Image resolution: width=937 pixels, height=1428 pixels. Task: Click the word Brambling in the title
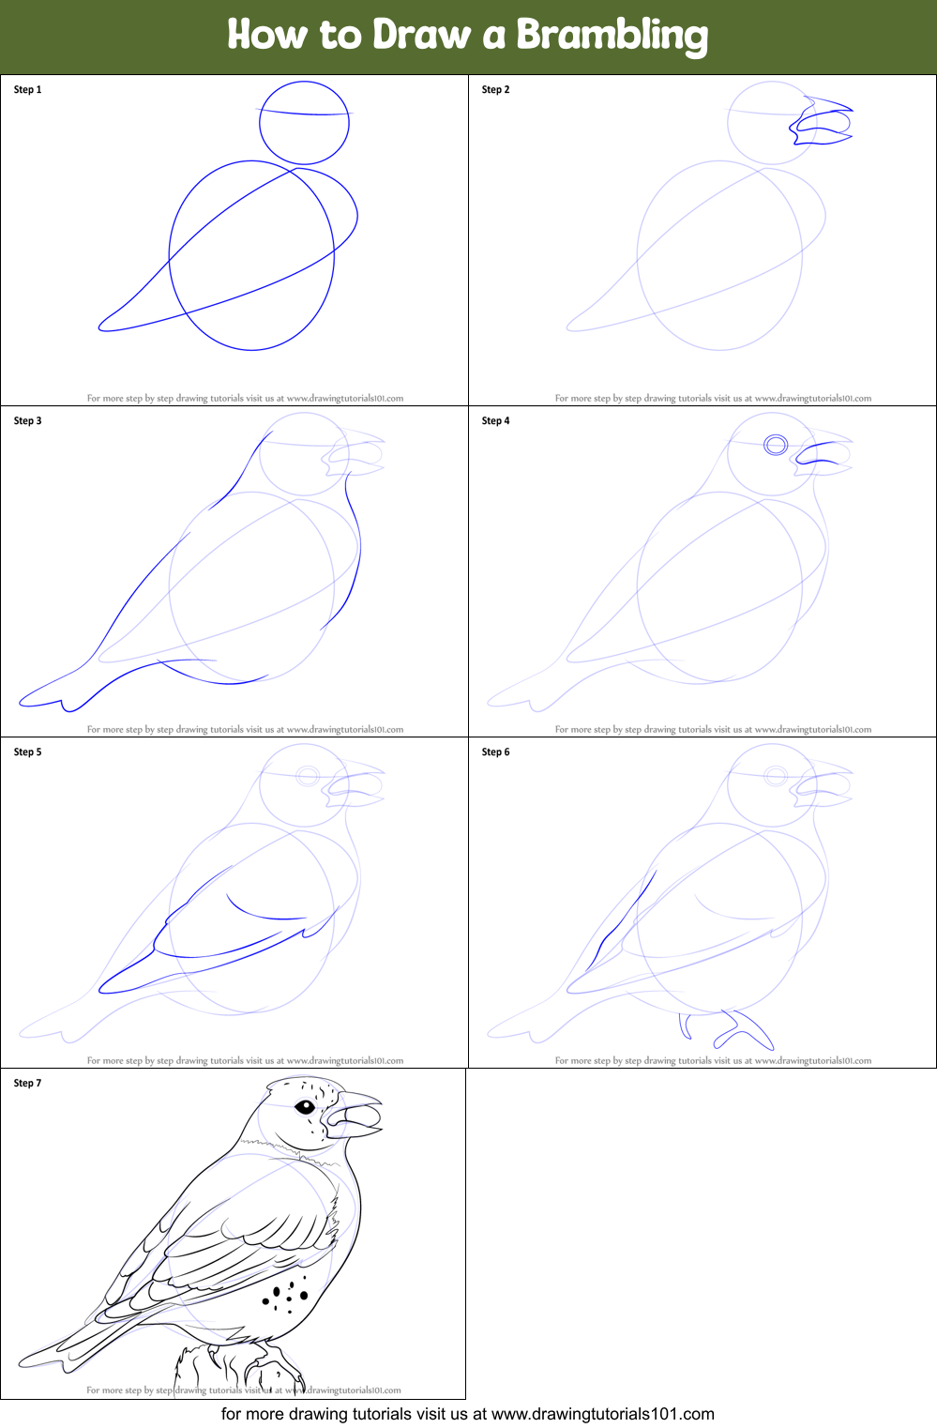pos(612,36)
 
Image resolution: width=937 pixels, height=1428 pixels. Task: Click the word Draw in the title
pos(420,36)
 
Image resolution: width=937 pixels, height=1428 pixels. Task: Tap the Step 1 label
pos(27,90)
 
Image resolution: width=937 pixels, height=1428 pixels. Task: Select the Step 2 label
pos(495,90)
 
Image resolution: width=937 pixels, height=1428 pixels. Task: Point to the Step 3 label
pos(27,421)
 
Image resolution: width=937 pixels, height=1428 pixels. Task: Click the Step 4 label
pos(495,421)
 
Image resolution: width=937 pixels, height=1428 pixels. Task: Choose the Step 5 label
pos(27,752)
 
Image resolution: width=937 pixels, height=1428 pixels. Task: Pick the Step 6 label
pos(495,752)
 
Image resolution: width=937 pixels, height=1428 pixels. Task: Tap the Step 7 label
pos(27,1084)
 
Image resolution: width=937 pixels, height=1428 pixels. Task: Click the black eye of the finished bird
pos(305,1107)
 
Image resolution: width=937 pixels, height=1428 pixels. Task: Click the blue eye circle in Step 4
pos(775,445)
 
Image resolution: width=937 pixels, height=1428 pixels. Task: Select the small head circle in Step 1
pos(304,123)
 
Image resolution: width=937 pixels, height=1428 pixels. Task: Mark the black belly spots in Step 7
pos(285,1294)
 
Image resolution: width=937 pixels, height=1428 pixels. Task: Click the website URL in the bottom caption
pos(602,1414)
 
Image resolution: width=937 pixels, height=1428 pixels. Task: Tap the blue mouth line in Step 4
pos(818,455)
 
